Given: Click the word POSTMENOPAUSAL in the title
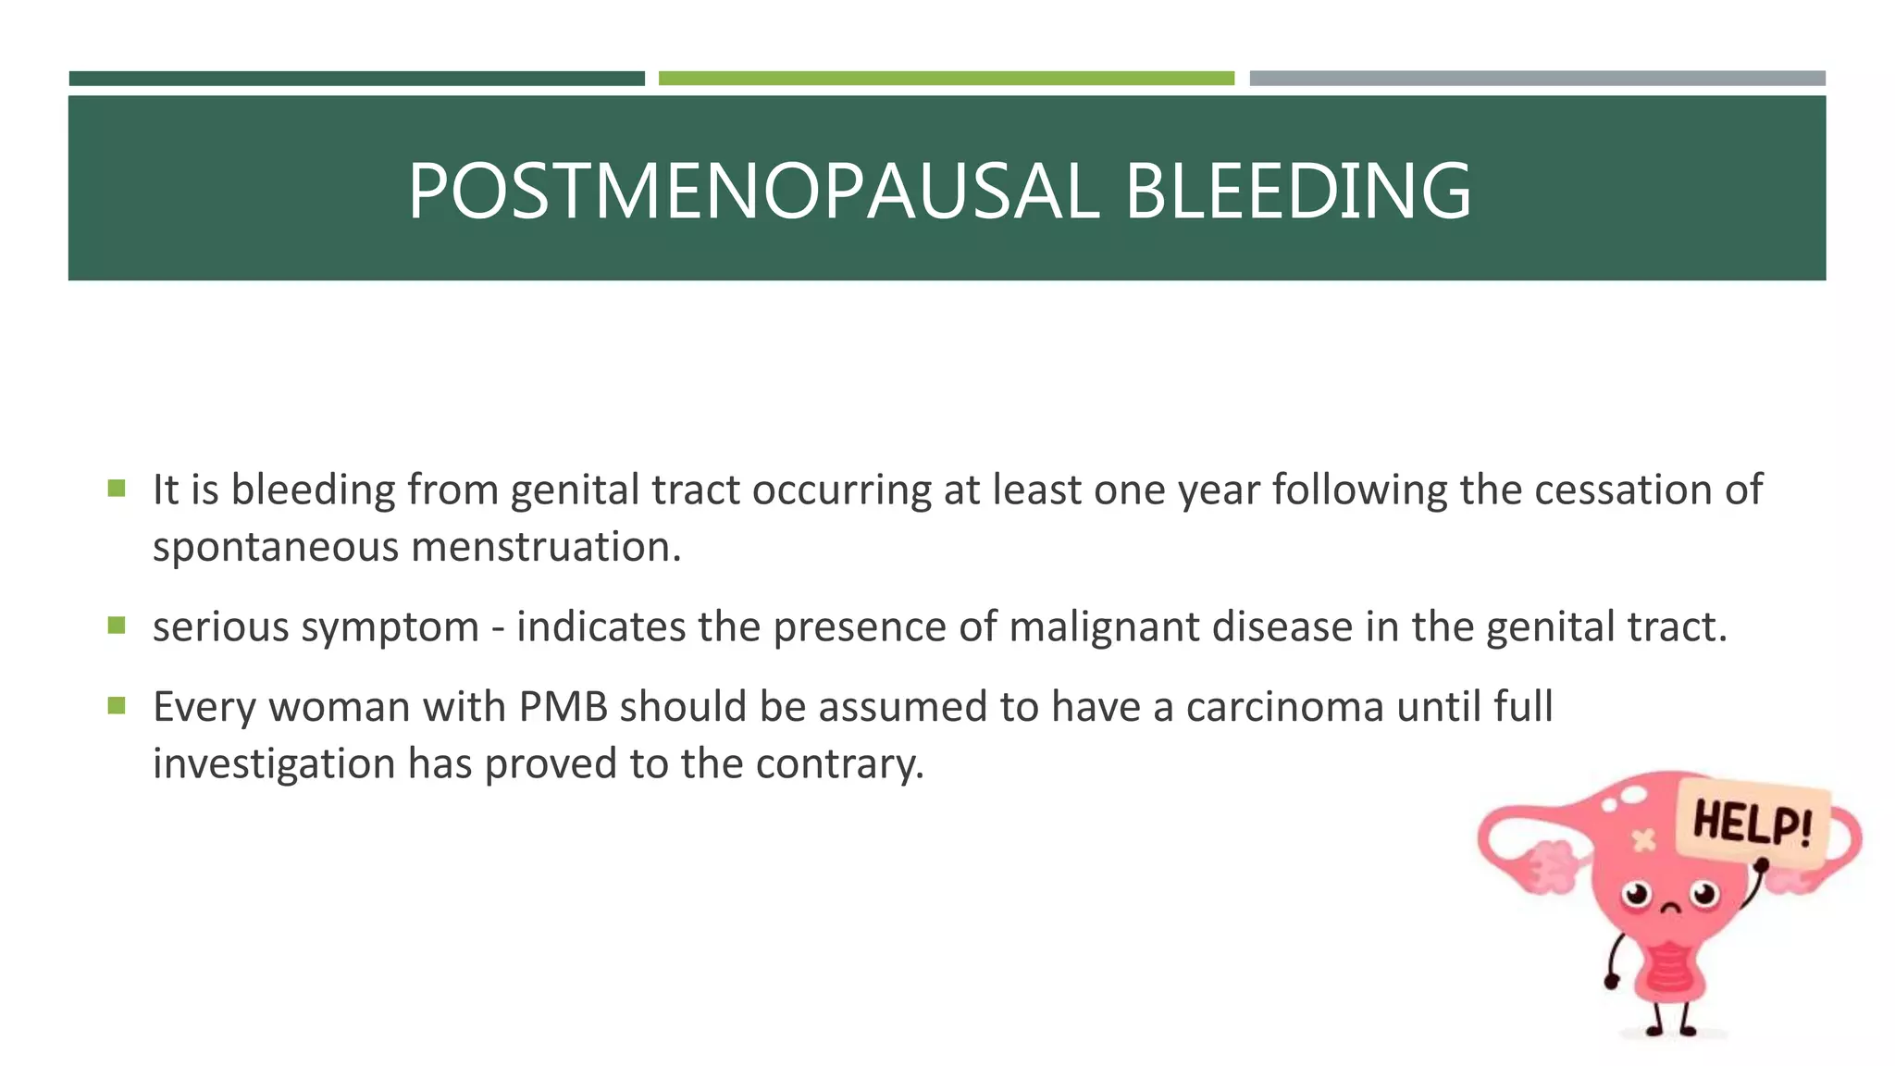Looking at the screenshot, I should (753, 192).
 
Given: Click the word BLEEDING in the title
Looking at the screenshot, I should (1296, 192).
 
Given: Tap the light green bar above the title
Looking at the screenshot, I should (946, 79).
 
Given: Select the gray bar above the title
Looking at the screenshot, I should (1537, 79).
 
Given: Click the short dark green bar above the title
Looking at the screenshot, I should (356, 79).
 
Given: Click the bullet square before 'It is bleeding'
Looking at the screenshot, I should (117, 488).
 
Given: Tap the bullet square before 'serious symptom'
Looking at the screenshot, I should (117, 626).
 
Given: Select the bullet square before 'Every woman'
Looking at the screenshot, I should (117, 706).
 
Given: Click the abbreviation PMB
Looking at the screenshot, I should (563, 707).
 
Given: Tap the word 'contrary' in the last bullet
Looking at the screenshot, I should (839, 764).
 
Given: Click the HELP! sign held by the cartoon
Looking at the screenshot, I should (1752, 822).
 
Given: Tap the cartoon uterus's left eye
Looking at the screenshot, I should (1636, 895).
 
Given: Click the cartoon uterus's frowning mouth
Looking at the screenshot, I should (1670, 908).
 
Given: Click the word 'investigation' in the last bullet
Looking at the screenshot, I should (274, 764).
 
